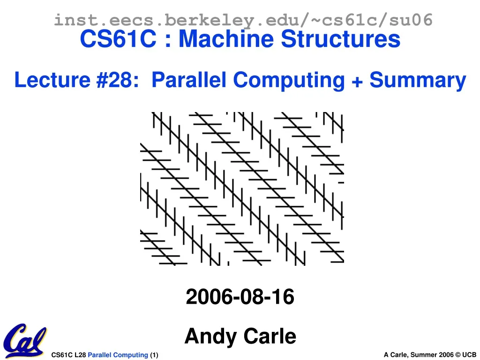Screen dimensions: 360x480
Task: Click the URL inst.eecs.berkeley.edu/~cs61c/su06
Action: click(x=243, y=20)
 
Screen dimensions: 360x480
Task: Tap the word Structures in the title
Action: click(x=341, y=39)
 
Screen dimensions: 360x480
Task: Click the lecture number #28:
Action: click(x=118, y=81)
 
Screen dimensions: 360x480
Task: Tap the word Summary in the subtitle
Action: click(x=418, y=81)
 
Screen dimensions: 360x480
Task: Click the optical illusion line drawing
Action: click(x=242, y=189)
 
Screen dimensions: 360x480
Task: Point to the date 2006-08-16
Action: click(x=240, y=297)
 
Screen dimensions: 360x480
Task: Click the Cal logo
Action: click(x=24, y=340)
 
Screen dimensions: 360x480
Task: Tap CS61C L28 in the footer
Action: click(x=68, y=355)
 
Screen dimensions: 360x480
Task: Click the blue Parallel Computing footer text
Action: click(x=118, y=355)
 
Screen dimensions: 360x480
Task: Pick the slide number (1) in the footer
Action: click(x=154, y=355)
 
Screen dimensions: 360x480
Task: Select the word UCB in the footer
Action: click(x=469, y=355)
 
